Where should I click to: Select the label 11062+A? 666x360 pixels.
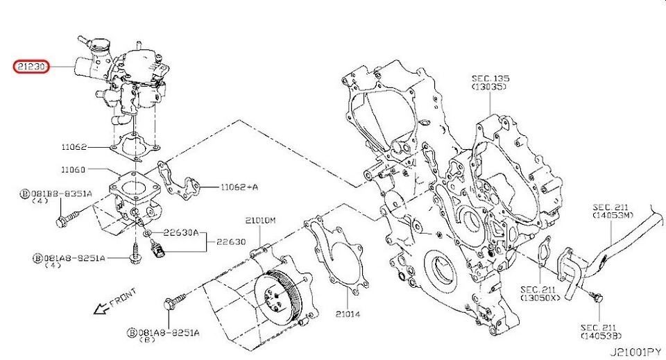pyautogui.click(x=239, y=187)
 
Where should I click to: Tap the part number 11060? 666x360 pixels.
pyautogui.click(x=73, y=169)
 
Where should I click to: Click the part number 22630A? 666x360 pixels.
pyautogui.click(x=181, y=233)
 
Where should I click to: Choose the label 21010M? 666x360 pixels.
pyautogui.click(x=260, y=220)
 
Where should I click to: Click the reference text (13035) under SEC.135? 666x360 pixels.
pyautogui.click(x=489, y=88)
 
